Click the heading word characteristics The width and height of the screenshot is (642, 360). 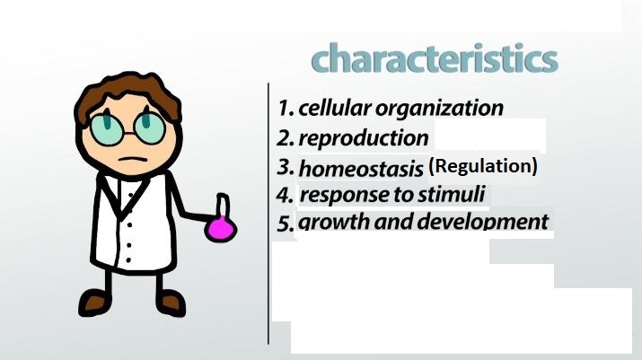pos(435,57)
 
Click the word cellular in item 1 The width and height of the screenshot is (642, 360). pos(335,108)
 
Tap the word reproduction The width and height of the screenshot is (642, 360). pos(364,138)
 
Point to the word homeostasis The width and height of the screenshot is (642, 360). pos(361,168)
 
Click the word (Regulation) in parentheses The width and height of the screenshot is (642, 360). pos(483,166)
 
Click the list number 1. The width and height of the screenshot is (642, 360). pos(286,108)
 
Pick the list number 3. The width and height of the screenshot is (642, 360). pos(285,168)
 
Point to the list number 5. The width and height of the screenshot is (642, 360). pos(286,224)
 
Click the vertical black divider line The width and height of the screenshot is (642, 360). pos(268,214)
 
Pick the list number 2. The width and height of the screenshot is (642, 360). pos(285,138)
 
